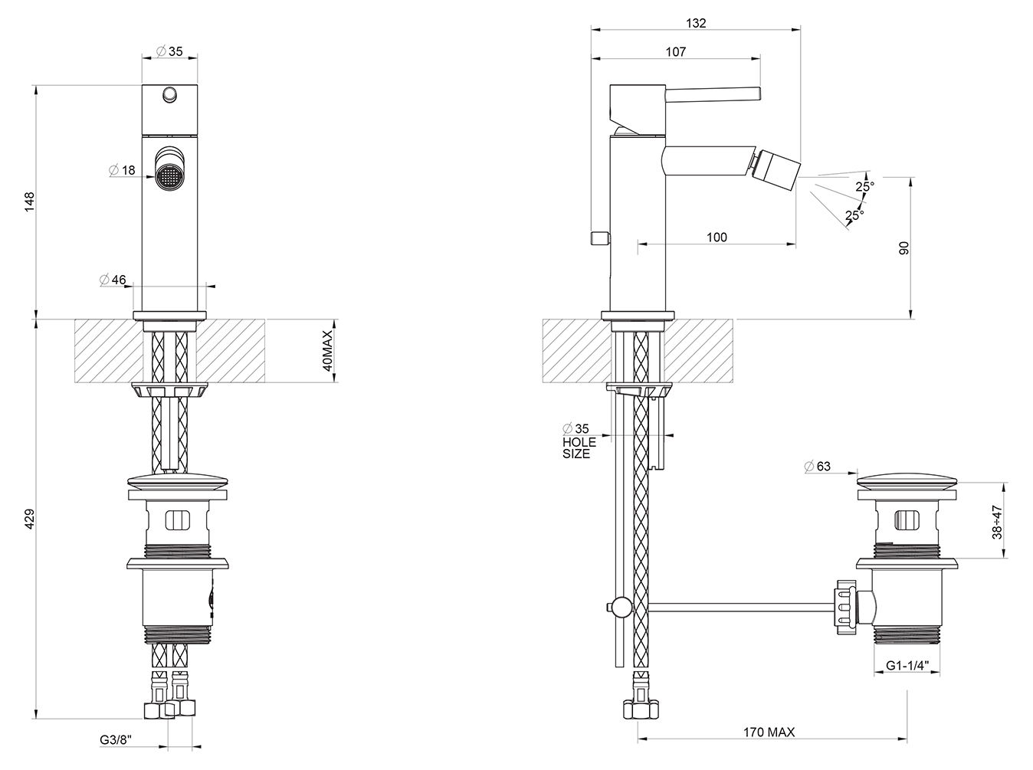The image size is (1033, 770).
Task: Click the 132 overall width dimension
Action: click(x=696, y=23)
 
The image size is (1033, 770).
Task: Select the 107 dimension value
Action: click(x=675, y=52)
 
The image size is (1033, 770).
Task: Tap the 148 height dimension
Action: click(x=29, y=202)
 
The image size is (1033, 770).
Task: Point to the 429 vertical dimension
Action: click(x=29, y=519)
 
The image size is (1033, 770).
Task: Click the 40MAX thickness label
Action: click(x=327, y=350)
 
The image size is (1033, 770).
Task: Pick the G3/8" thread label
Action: click(x=115, y=740)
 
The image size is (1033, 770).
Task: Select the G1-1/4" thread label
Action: click(x=907, y=666)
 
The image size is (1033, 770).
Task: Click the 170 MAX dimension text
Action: click(x=769, y=732)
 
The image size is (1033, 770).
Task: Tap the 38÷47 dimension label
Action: click(x=997, y=522)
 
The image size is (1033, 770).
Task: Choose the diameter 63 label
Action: click(x=818, y=466)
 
